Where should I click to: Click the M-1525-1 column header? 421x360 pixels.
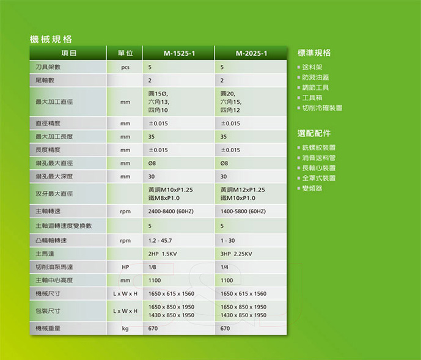pos(179,53)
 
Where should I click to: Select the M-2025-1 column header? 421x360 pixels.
pos(251,53)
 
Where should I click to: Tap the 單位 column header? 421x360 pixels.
pos(125,53)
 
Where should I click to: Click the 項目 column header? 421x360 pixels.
pos(68,53)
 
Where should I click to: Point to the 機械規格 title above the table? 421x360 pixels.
pos(51,39)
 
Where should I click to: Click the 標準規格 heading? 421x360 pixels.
pos(314,53)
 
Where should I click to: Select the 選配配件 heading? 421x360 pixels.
pos(314,133)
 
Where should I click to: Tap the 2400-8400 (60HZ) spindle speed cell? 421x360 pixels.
pos(170,211)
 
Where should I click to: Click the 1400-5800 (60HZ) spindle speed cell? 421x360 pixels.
pos(243,211)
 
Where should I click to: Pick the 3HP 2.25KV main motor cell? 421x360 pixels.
pos(236,254)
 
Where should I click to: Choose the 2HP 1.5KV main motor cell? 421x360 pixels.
pos(163,254)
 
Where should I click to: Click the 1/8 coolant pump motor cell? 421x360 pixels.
pos(152,267)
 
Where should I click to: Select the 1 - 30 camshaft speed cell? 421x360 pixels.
pos(227,241)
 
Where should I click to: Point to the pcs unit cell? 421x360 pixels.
pos(125,67)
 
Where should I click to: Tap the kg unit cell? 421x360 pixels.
pos(125,329)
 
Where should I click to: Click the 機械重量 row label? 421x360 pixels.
pos(48,328)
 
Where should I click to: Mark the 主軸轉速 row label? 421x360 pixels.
pos(48,211)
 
